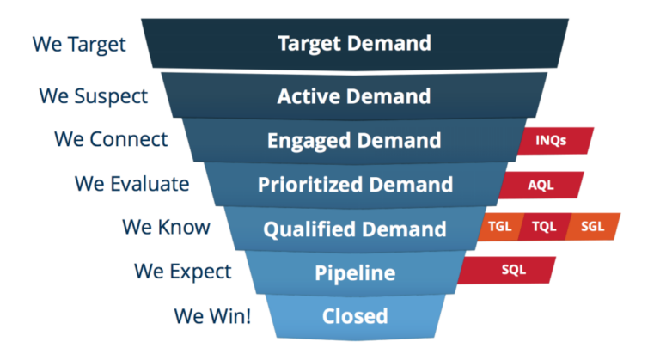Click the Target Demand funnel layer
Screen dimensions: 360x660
[x=354, y=44]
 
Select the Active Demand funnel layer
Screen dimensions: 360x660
[x=354, y=95]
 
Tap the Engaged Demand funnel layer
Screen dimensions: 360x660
[x=354, y=140]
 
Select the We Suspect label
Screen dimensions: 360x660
[x=93, y=95]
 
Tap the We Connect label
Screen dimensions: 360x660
[x=111, y=138]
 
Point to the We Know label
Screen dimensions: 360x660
[x=165, y=228]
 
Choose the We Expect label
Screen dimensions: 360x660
[x=183, y=272]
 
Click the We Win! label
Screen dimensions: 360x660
[x=212, y=315]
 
